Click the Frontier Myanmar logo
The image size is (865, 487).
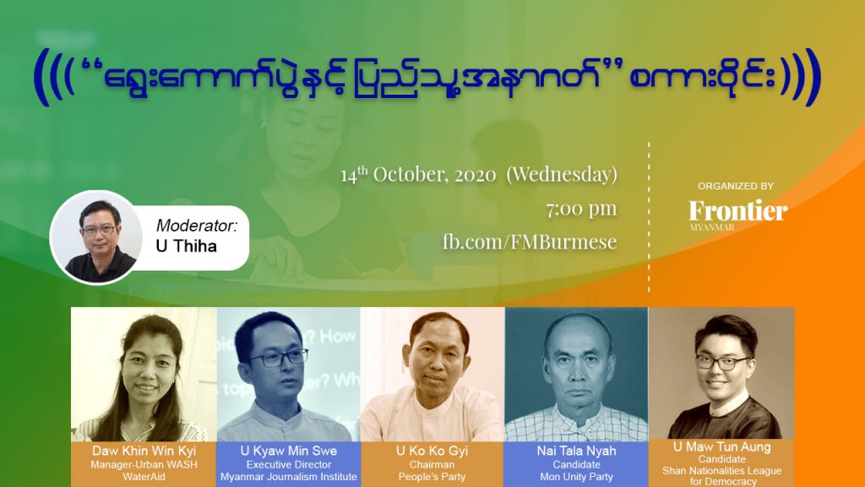pyautogui.click(x=738, y=215)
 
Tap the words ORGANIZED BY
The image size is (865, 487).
pyautogui.click(x=736, y=186)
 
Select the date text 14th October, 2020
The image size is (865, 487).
pyautogui.click(x=418, y=174)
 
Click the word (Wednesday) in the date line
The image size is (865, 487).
pyautogui.click(x=562, y=174)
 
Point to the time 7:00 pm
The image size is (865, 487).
pyautogui.click(x=581, y=209)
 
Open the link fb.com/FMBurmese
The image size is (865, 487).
pyautogui.click(x=530, y=241)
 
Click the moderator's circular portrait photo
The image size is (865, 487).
pyautogui.click(x=96, y=238)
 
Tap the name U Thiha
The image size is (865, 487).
pyautogui.click(x=187, y=246)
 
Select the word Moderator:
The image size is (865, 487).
pyautogui.click(x=197, y=225)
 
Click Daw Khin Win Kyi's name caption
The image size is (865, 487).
pyautogui.click(x=144, y=451)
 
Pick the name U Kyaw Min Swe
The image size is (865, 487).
pyautogui.click(x=289, y=451)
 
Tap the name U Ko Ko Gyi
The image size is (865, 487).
pyautogui.click(x=432, y=451)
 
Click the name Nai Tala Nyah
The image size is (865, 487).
pyautogui.click(x=576, y=451)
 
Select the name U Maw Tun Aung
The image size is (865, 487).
pyautogui.click(x=721, y=446)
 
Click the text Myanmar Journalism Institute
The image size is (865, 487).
pyautogui.click(x=289, y=477)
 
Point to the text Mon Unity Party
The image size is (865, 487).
pyautogui.click(x=576, y=477)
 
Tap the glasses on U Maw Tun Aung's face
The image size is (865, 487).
pyautogui.click(x=723, y=362)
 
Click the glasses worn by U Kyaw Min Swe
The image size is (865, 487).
pyautogui.click(x=279, y=358)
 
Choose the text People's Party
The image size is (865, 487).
pyautogui.click(x=432, y=477)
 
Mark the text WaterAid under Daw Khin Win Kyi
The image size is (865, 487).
pyautogui.click(x=144, y=477)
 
